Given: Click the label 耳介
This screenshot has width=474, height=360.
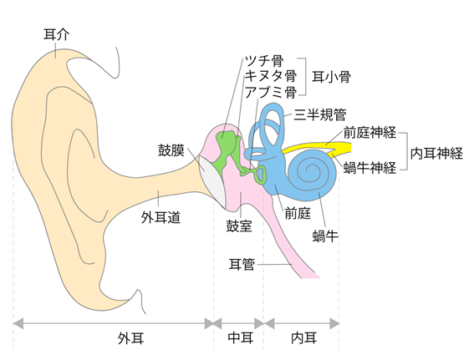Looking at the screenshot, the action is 57,34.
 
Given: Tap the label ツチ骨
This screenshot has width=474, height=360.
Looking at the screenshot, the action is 264,61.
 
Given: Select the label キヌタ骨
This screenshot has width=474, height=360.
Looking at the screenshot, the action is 270,76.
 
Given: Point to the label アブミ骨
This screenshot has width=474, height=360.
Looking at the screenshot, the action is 270,92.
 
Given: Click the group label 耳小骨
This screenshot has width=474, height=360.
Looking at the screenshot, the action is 331,77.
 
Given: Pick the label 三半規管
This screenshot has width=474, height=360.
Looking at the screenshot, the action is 320,114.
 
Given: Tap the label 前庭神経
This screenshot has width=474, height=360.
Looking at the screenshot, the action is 370,132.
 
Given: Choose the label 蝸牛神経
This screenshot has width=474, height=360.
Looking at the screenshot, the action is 370,168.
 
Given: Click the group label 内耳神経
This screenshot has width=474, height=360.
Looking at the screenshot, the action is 436,154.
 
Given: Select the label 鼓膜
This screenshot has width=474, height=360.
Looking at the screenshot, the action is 171,150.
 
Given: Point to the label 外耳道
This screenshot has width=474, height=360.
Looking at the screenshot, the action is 161,217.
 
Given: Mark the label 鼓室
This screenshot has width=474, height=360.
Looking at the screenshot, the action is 239,226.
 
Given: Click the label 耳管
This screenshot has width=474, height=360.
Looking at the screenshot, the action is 242,264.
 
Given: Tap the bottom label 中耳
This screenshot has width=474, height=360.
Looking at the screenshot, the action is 241,338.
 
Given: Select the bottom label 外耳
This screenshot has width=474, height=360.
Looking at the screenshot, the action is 130,338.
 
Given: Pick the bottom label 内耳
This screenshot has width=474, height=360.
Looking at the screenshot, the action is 304,338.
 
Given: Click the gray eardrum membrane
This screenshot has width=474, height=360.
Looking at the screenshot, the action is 212,181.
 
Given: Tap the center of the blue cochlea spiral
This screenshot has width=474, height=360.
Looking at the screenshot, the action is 309,169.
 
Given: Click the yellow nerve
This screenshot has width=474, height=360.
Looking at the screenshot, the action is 320,148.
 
